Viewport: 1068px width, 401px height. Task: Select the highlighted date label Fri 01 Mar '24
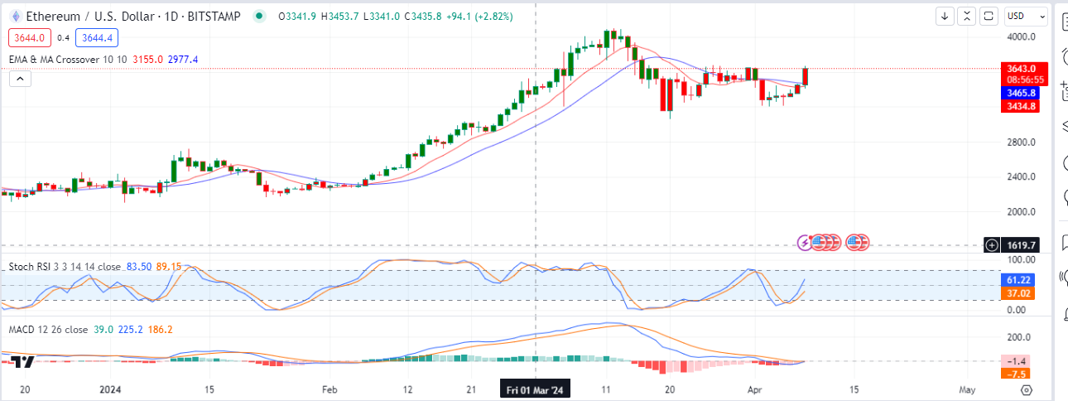tap(536, 389)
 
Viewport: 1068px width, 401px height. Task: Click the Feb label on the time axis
tap(330, 389)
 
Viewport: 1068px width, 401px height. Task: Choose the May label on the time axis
tap(967, 389)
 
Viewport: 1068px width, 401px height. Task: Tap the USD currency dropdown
tap(1025, 16)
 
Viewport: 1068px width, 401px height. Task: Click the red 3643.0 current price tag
tap(1019, 68)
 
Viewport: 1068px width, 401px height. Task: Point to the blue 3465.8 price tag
tap(1019, 94)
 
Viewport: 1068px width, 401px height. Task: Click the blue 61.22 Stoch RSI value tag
tap(1019, 281)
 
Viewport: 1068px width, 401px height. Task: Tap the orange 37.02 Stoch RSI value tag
tap(1019, 293)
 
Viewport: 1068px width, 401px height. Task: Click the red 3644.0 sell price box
tap(30, 37)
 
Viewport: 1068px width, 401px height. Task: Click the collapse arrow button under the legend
tap(20, 79)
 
